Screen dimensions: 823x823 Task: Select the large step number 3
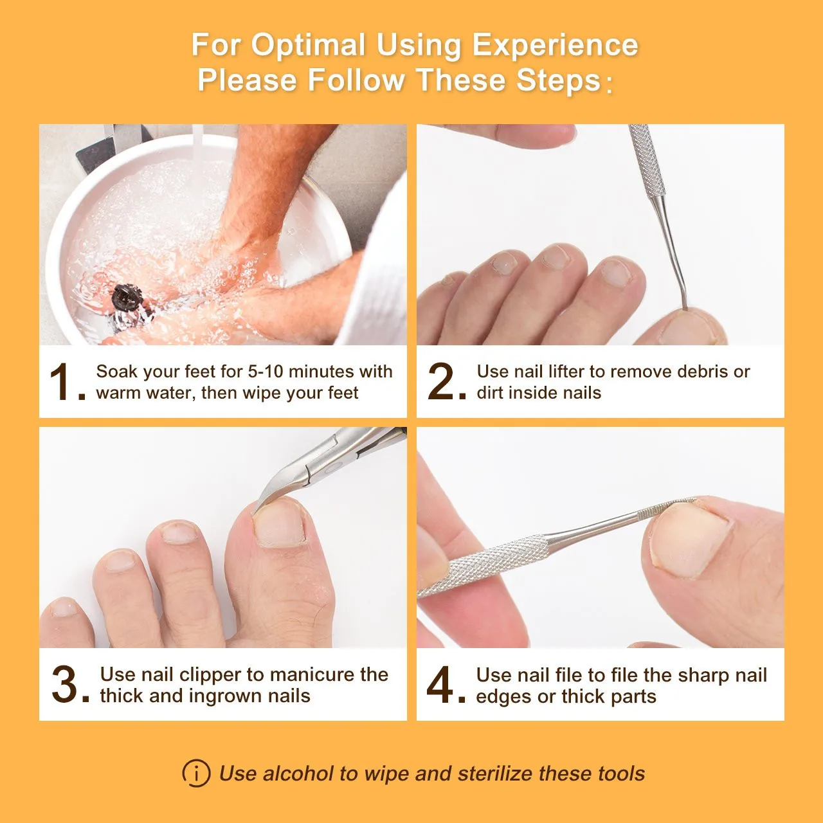click(x=64, y=685)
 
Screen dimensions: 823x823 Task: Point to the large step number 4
click(x=440, y=685)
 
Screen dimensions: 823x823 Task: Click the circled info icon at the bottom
click(x=196, y=773)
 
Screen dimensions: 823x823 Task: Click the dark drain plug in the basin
click(x=127, y=297)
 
